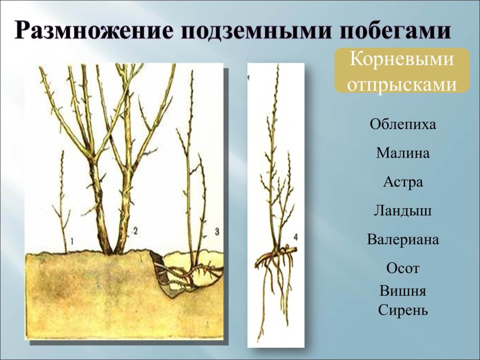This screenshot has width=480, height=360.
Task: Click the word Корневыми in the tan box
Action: pos(402,59)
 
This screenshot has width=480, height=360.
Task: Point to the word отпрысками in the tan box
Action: pos(402,83)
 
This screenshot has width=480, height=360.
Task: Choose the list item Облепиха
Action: pos(403,125)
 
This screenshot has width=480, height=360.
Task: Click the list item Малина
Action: pos(403,154)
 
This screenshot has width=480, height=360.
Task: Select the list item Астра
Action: pos(403,182)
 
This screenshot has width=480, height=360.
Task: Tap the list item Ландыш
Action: pos(403,211)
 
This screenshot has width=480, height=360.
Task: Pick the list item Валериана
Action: pos(403,240)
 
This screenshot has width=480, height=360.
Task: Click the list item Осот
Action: pos(403,268)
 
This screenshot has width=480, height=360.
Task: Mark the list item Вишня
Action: pos(403,291)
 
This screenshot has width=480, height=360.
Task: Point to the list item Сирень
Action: pos(403,310)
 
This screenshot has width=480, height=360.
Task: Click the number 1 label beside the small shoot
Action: pos(73,241)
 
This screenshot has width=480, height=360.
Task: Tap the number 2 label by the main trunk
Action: pos(135,230)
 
